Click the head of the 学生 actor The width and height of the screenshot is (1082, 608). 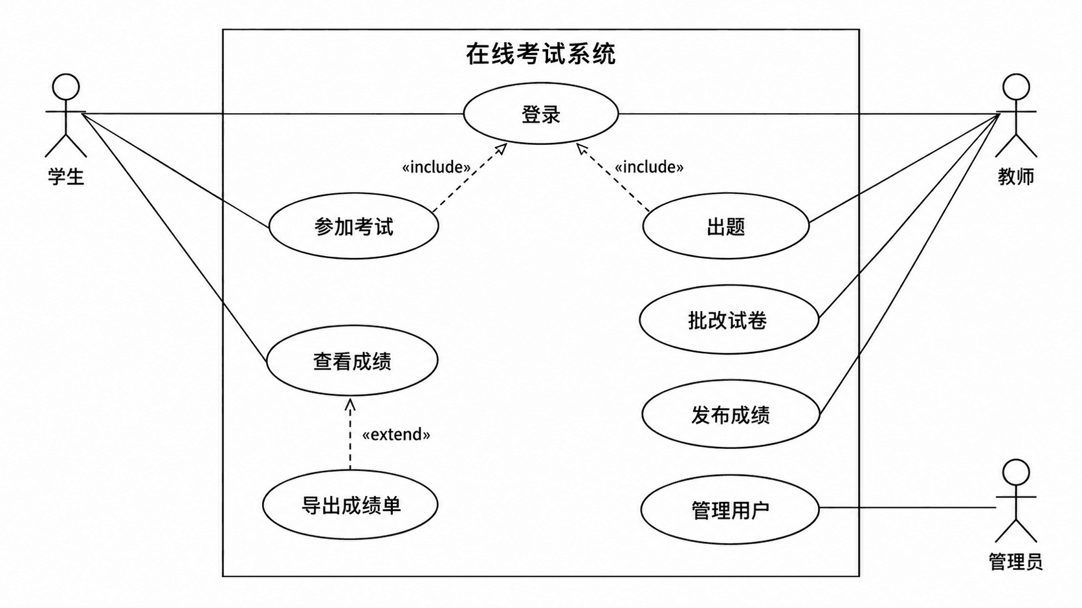pyautogui.click(x=66, y=87)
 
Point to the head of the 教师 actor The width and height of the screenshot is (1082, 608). pyautogui.click(x=1016, y=87)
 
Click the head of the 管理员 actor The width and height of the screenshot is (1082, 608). pyautogui.click(x=1016, y=473)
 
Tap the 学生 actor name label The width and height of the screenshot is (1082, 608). pyautogui.click(x=66, y=177)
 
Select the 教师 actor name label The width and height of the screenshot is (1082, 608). pyautogui.click(x=1016, y=177)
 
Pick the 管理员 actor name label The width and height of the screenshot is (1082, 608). pyautogui.click(x=1016, y=561)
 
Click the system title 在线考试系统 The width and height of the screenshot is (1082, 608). pyautogui.click(x=540, y=54)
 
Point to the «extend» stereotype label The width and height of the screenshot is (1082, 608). pyautogui.click(x=396, y=434)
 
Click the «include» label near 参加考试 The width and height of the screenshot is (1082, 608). pyautogui.click(x=436, y=167)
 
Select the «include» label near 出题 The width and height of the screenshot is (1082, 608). pyautogui.click(x=648, y=167)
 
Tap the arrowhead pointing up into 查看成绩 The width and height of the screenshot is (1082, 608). pyautogui.click(x=350, y=405)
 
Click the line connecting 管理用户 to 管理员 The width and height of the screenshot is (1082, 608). pyautogui.click(x=908, y=508)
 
